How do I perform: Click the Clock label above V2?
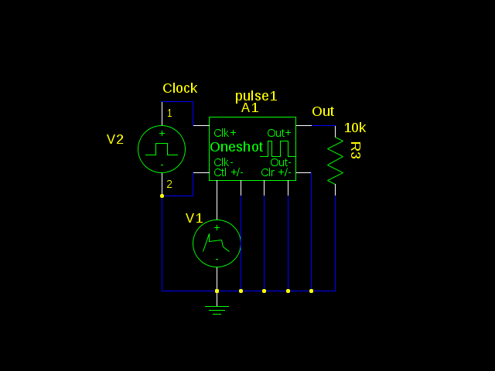pyautogui.click(x=179, y=88)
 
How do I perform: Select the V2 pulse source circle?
pyautogui.click(x=162, y=148)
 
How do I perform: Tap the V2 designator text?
pyautogui.click(x=115, y=139)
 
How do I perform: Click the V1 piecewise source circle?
pyautogui.click(x=217, y=243)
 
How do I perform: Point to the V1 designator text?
pyautogui.click(x=194, y=218)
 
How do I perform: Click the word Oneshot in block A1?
pyautogui.click(x=236, y=147)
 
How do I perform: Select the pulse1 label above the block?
pyautogui.click(x=256, y=96)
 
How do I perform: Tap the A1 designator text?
pyautogui.click(x=250, y=108)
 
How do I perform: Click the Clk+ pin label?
pyautogui.click(x=225, y=133)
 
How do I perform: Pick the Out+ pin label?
pyautogui.click(x=279, y=133)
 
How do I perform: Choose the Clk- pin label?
pyautogui.click(x=224, y=162)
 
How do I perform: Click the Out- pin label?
pyautogui.click(x=281, y=162)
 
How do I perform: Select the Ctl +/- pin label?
pyautogui.click(x=228, y=172)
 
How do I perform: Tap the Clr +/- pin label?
pyautogui.click(x=277, y=172)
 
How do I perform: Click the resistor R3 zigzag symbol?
pyautogui.click(x=335, y=161)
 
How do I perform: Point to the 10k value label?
pyautogui.click(x=355, y=128)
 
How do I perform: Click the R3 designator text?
pyautogui.click(x=355, y=150)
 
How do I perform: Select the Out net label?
pyautogui.click(x=323, y=111)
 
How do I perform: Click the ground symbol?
pyautogui.click(x=217, y=309)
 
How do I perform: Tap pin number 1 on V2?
pyautogui.click(x=169, y=113)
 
